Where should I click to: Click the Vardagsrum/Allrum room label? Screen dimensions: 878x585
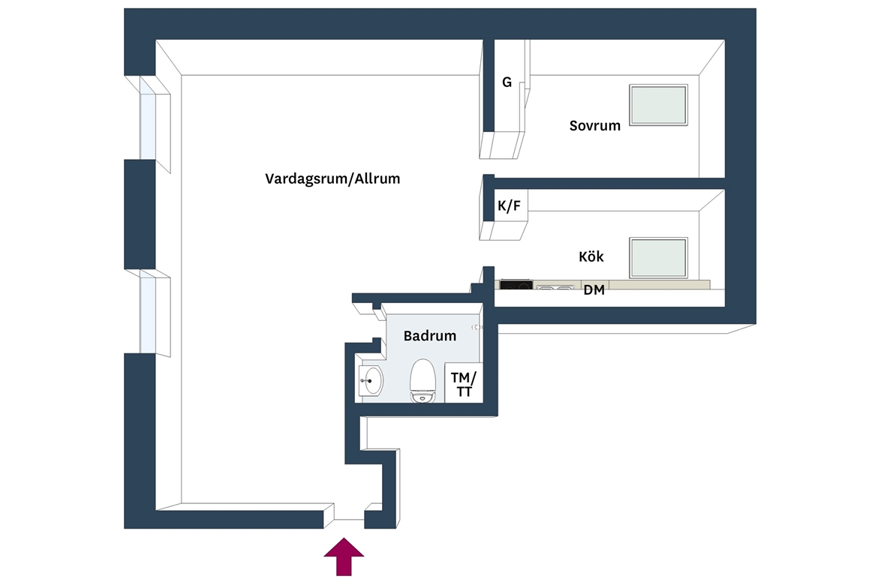[x=332, y=179]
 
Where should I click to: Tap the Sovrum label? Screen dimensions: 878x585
[x=594, y=125]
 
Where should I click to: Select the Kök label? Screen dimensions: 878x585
[x=591, y=256]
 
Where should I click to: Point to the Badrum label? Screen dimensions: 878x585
[x=429, y=336]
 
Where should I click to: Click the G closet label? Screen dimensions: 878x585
[x=507, y=82]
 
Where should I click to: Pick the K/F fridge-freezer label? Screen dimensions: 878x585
[x=509, y=206]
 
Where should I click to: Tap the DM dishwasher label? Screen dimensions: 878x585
[x=594, y=290]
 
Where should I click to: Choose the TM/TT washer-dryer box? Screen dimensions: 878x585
[x=464, y=383]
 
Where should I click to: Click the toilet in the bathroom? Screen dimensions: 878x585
[x=422, y=381]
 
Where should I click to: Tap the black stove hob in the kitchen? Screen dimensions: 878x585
[x=516, y=285]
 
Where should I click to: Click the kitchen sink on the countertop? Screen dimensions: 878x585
[x=555, y=287]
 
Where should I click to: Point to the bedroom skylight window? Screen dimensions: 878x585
[x=658, y=105]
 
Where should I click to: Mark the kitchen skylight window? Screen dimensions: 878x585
[x=658, y=257]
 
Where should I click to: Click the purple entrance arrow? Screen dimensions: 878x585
[x=344, y=556]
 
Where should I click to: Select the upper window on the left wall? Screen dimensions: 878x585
[x=148, y=118]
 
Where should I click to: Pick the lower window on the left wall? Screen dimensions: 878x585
[x=148, y=311]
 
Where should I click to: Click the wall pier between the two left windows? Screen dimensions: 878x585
[x=140, y=214]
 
